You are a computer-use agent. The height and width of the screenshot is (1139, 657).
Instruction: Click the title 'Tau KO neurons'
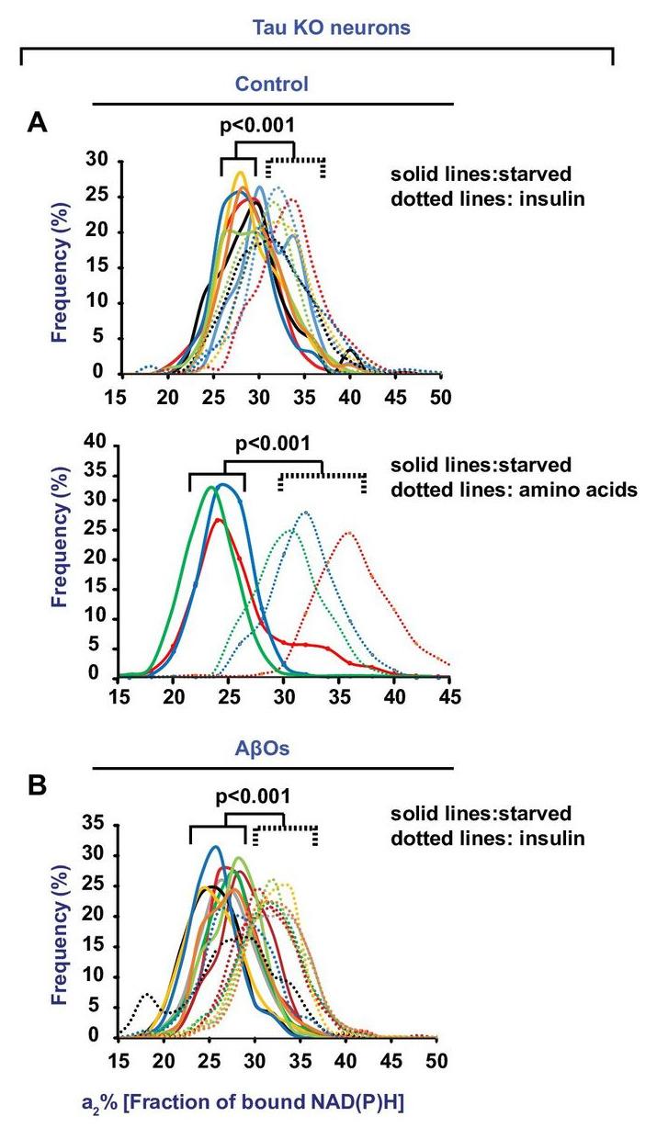(320, 28)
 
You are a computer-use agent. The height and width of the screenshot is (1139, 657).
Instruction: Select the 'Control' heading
(271, 85)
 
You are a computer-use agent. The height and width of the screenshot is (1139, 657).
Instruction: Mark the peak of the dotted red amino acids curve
(348, 532)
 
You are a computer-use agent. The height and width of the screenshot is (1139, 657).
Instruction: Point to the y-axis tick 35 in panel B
(100, 826)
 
